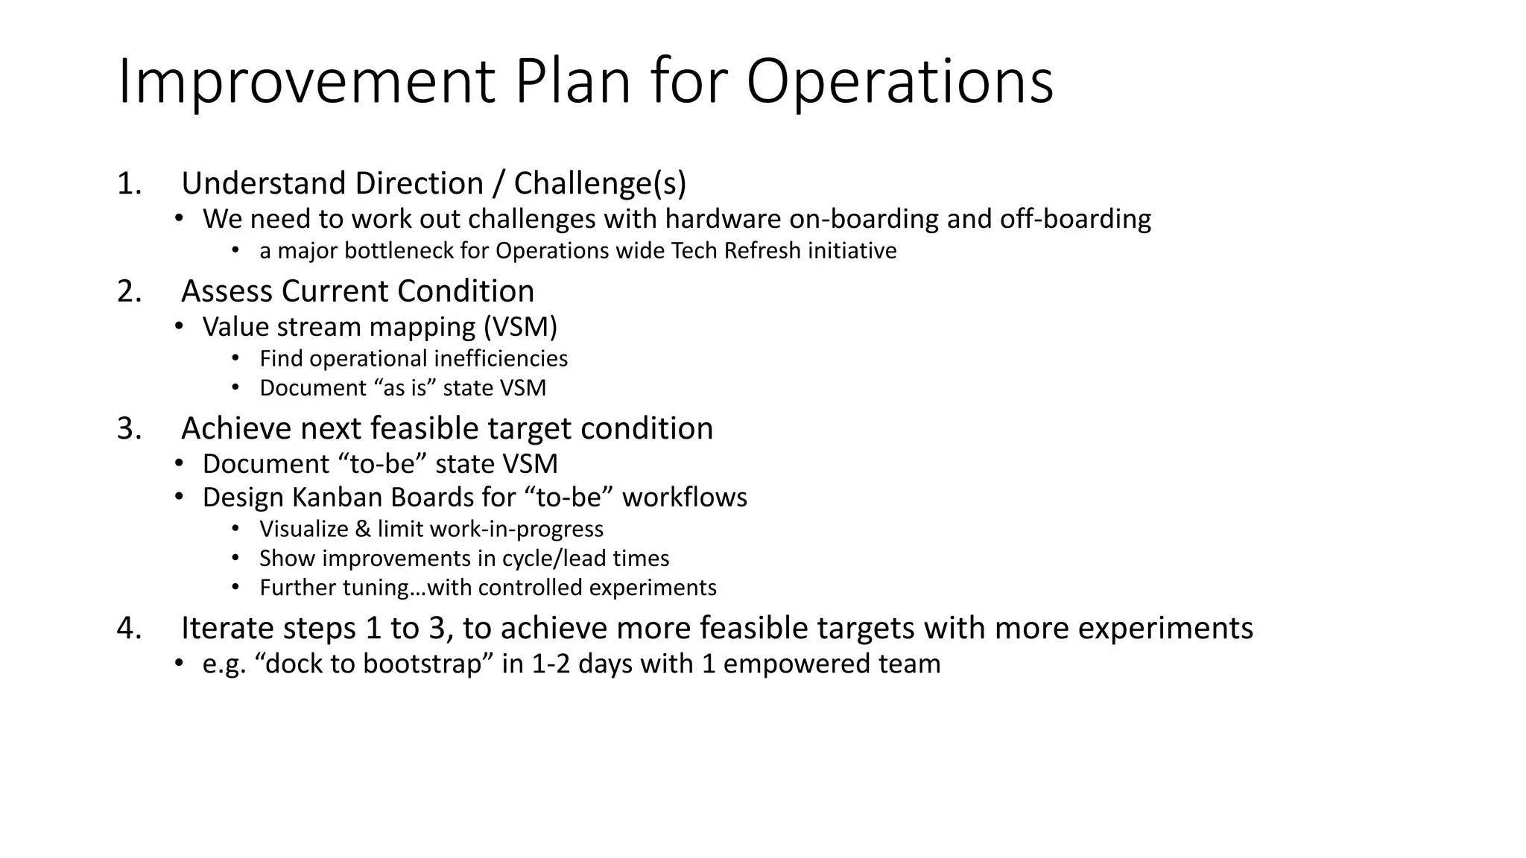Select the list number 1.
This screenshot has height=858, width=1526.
(128, 183)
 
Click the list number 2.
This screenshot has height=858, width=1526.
(128, 291)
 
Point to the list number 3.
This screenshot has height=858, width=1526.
(128, 429)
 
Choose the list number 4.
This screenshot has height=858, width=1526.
(128, 629)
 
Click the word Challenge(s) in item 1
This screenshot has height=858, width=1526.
(600, 183)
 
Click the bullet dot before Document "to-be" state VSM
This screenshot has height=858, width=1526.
(179, 463)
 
